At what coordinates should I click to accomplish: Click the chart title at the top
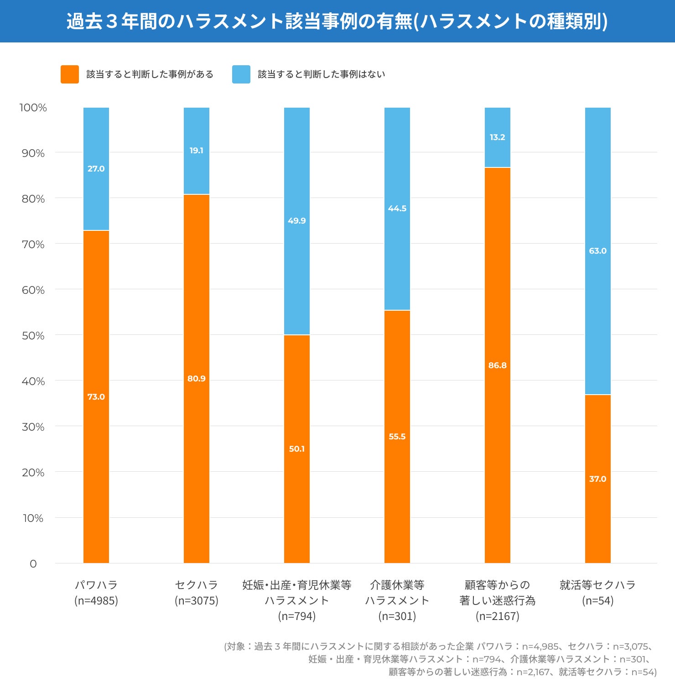(337, 21)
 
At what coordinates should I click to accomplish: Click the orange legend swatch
(69, 74)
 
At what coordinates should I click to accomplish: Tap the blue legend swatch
(241, 74)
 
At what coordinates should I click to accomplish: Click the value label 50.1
(297, 449)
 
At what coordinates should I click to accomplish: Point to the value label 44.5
(397, 208)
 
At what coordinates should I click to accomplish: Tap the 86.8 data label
(498, 365)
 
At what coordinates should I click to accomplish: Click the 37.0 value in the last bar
(598, 479)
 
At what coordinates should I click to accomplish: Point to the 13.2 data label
(498, 137)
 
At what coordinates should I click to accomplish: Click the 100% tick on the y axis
(33, 108)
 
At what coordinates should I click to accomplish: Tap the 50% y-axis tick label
(33, 336)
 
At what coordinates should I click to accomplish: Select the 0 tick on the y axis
(33, 564)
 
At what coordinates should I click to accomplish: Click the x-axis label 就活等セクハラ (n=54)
(598, 593)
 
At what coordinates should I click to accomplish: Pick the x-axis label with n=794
(297, 600)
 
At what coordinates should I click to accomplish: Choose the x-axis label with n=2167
(498, 600)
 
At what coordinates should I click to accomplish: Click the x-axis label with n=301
(397, 600)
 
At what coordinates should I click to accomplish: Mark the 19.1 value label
(197, 151)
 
